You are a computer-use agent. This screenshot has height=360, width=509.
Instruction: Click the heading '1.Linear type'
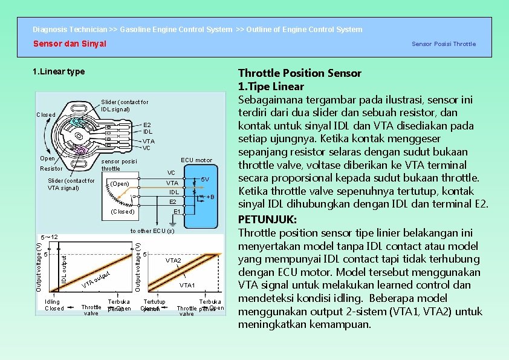(59, 72)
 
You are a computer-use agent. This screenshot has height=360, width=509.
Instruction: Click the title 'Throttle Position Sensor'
(300, 73)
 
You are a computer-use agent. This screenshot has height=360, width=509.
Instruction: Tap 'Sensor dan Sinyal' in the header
(70, 44)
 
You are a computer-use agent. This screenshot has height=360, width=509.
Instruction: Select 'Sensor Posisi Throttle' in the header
(444, 44)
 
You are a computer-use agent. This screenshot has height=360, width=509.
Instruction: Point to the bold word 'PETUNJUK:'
(267, 220)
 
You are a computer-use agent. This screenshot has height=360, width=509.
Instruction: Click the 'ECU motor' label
(196, 160)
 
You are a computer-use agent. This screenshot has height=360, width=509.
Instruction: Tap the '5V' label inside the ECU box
(205, 180)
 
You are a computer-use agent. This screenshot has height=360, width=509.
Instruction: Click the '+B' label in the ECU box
(210, 197)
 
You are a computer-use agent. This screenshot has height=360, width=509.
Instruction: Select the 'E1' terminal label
(177, 212)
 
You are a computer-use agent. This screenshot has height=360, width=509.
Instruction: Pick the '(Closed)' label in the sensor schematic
(122, 212)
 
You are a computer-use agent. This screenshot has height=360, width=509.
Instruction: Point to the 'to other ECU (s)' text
(152, 231)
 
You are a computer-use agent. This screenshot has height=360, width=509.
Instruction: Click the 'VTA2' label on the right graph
(173, 260)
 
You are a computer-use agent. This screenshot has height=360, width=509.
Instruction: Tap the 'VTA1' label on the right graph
(187, 285)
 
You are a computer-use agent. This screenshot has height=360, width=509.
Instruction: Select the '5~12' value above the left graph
(48, 237)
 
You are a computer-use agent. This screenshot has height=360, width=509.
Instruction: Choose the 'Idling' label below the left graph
(53, 301)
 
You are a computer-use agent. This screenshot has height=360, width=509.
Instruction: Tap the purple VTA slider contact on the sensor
(80, 151)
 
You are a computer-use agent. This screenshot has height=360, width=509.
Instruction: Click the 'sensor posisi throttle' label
(118, 165)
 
